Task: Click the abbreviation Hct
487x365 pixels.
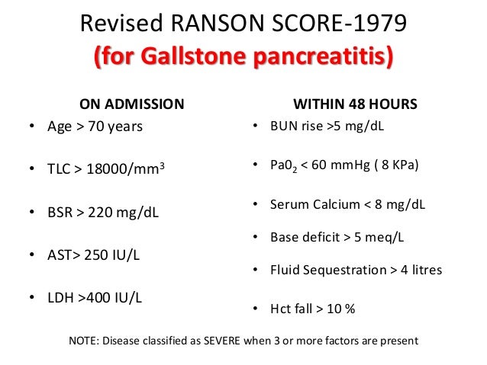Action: pos(280,309)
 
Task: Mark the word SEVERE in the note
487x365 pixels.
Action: pos(233,341)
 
